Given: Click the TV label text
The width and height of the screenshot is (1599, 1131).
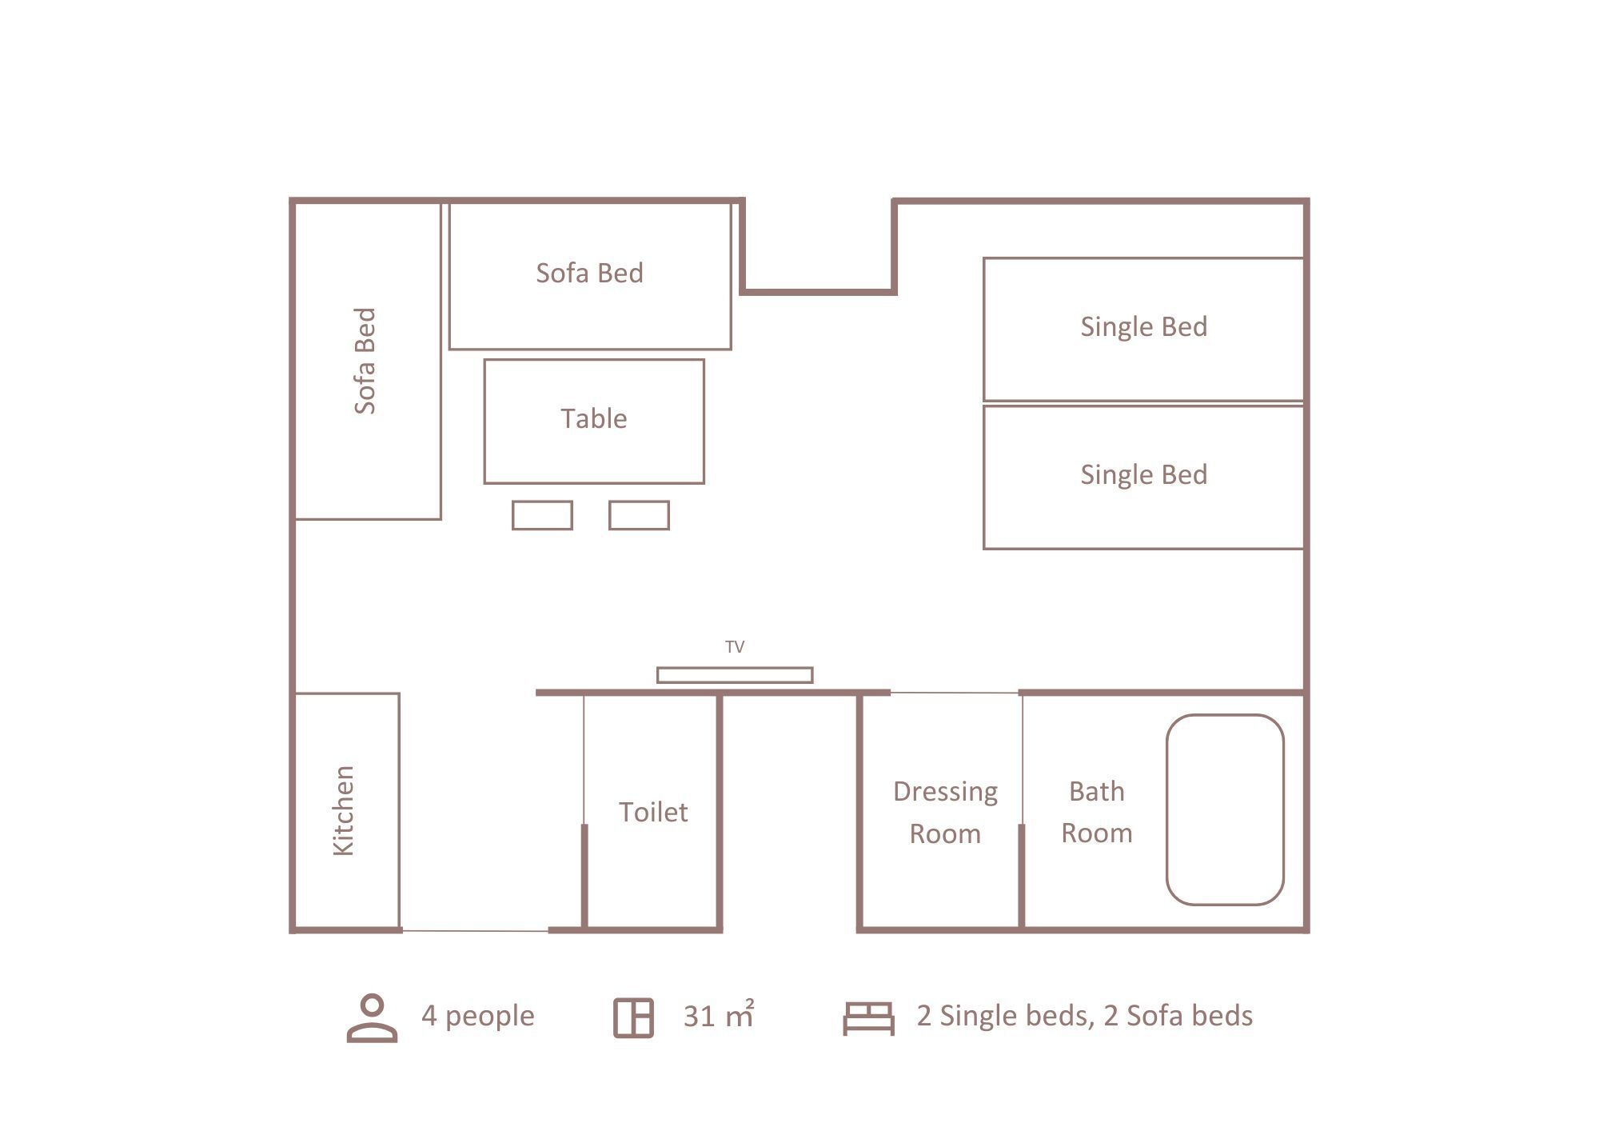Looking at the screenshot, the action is click(x=735, y=647).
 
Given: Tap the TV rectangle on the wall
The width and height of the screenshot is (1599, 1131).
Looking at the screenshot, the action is click(x=735, y=675).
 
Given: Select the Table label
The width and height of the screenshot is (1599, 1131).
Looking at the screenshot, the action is click(x=593, y=418).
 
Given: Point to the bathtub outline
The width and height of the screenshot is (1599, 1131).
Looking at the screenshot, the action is click(x=1167, y=809).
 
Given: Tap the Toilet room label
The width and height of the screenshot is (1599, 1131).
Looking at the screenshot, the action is click(x=653, y=812).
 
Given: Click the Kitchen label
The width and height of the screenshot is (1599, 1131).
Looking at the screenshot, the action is click(x=343, y=810).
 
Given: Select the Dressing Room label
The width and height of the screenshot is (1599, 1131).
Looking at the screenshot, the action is click(x=945, y=812).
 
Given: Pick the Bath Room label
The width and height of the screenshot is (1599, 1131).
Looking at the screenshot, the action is click(x=1097, y=812).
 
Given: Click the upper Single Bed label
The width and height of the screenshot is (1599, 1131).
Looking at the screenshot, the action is click(x=1144, y=326).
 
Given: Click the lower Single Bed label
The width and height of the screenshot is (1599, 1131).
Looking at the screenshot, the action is click(x=1144, y=474).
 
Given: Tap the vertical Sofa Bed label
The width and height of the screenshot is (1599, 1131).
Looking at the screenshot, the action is click(x=365, y=361).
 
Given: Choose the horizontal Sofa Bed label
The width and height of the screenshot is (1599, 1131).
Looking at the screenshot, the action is click(x=589, y=273).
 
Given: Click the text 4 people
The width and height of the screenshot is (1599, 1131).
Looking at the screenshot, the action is click(x=478, y=1016).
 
